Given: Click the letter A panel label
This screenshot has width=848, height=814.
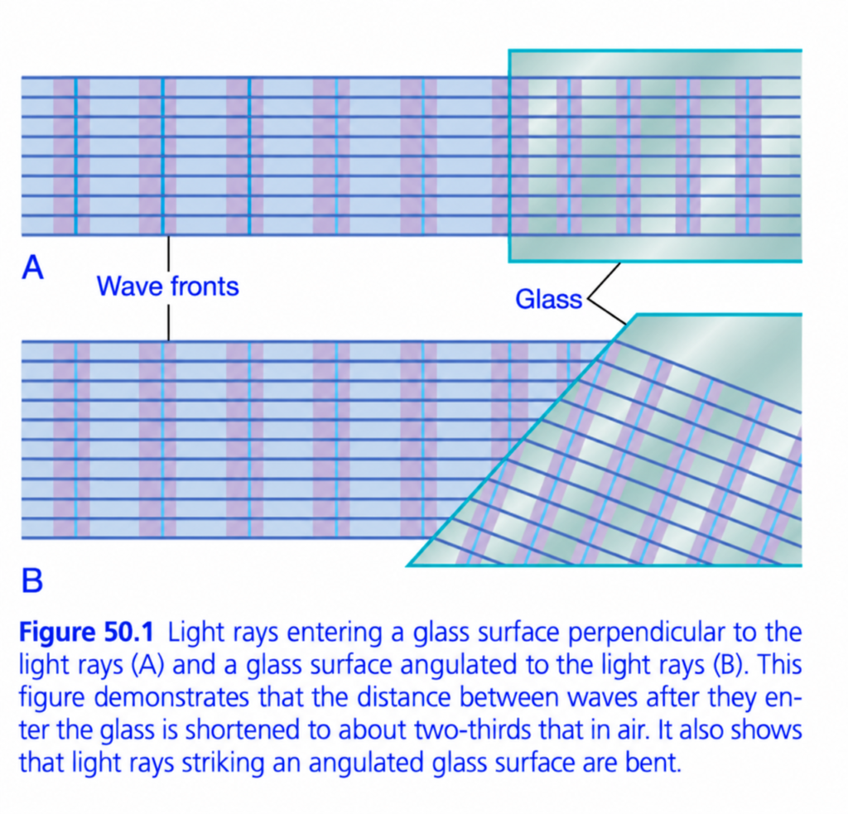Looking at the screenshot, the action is click(32, 267).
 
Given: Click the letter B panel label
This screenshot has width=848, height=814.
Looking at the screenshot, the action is click(32, 580).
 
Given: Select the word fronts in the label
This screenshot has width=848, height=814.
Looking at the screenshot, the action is click(205, 286).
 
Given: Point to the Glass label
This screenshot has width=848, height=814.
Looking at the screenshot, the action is click(548, 299).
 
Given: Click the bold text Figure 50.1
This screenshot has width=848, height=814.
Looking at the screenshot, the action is click(86, 632).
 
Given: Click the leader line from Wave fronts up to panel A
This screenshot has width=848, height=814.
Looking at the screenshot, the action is click(168, 253).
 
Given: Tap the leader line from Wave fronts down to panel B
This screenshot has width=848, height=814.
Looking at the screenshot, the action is click(168, 323).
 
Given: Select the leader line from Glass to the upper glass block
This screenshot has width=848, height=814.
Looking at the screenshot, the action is click(604, 281).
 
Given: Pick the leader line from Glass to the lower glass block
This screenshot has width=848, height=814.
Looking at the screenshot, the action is click(607, 311).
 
